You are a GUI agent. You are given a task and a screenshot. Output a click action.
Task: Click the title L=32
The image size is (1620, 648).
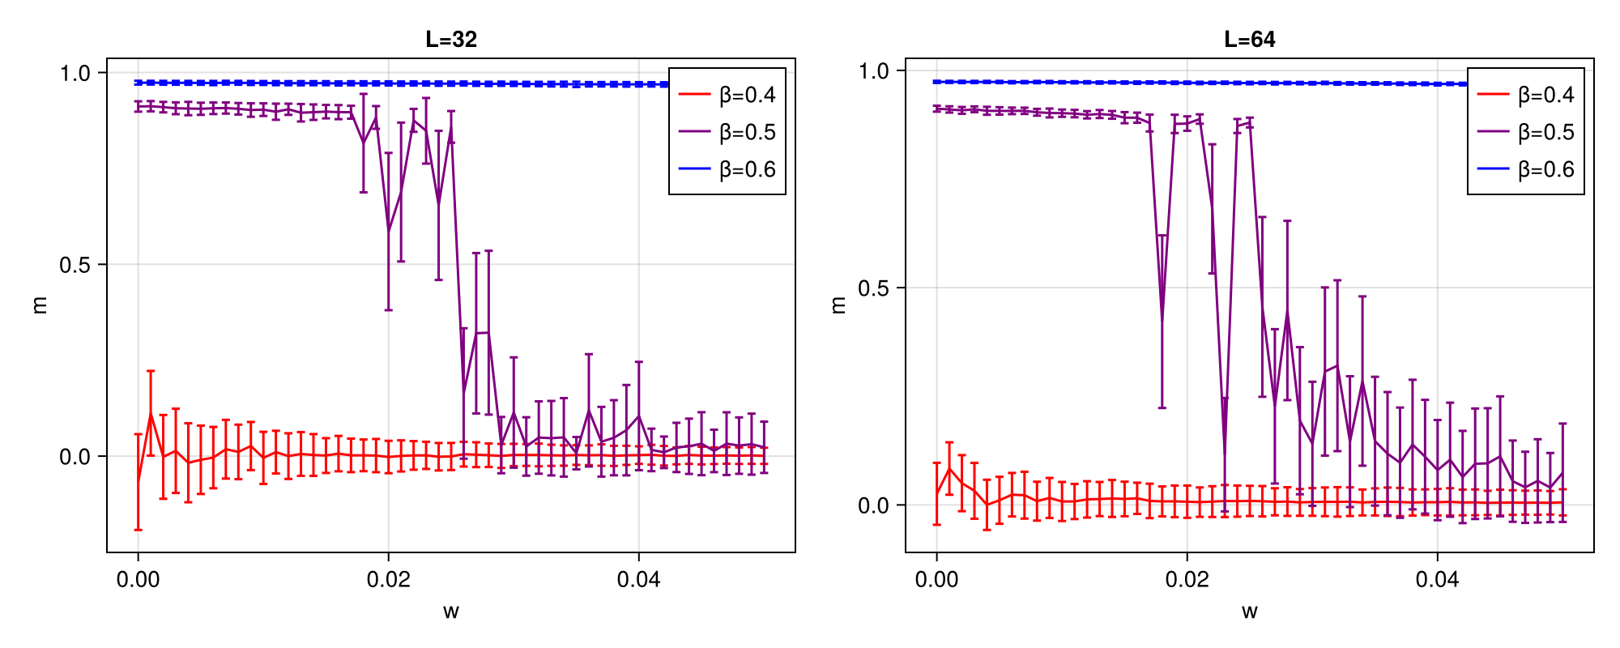coord(451,39)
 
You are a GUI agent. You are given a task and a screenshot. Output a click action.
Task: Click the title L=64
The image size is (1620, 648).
coord(1249,39)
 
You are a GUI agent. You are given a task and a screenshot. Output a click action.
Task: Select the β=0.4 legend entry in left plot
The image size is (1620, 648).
coord(727,95)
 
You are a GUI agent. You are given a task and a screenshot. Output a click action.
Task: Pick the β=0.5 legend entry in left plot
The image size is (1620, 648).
coord(727,132)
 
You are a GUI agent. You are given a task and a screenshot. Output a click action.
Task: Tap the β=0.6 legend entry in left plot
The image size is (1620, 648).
coord(727,169)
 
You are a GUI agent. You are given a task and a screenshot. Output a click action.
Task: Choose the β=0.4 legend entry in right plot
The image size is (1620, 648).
coord(1526,95)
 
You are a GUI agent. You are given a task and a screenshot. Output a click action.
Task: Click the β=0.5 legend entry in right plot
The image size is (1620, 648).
coord(1526,132)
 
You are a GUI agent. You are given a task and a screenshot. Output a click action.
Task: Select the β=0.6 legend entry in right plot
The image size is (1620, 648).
coord(1526,169)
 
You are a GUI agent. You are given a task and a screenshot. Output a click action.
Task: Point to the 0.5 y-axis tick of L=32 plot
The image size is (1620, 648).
coord(75,265)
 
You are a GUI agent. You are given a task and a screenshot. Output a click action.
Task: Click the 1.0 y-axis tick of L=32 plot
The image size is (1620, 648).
coord(75,73)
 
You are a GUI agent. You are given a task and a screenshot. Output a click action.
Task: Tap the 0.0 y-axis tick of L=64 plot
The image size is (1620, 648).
coord(873,505)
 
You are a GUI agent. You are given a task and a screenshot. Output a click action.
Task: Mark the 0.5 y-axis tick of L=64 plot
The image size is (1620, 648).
coord(873,288)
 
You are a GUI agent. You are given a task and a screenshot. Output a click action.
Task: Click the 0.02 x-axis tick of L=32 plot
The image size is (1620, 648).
coord(388,579)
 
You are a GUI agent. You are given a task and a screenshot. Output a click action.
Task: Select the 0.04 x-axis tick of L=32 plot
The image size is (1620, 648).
coord(638,579)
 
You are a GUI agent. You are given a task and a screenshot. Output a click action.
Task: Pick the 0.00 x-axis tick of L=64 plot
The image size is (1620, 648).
coord(936,579)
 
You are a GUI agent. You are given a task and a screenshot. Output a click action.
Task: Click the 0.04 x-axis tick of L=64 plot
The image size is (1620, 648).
coord(1437,579)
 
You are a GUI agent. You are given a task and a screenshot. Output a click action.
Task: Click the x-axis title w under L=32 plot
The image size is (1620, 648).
coord(451,612)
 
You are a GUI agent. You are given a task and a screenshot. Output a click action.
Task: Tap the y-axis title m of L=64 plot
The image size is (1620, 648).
coord(838,305)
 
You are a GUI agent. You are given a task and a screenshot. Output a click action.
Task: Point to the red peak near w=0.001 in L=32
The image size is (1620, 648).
coord(151,413)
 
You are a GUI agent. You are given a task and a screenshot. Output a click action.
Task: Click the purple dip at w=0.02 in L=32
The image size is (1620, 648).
coord(388,232)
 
